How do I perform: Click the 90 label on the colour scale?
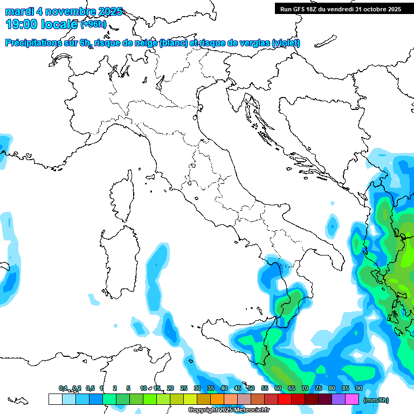click(x=358, y=388)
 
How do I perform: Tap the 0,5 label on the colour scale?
click(x=89, y=388)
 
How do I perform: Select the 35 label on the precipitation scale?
click(x=210, y=388)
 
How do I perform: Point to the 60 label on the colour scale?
click(x=278, y=388)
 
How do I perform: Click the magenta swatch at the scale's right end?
click(x=352, y=399)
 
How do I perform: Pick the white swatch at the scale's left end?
click(x=55, y=399)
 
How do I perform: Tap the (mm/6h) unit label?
click(x=376, y=400)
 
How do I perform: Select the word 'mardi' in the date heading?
click(x=20, y=11)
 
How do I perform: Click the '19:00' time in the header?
click(x=22, y=24)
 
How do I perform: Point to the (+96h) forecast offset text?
click(x=93, y=24)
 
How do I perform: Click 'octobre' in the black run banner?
click(x=372, y=9)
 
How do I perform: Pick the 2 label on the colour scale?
click(x=115, y=388)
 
